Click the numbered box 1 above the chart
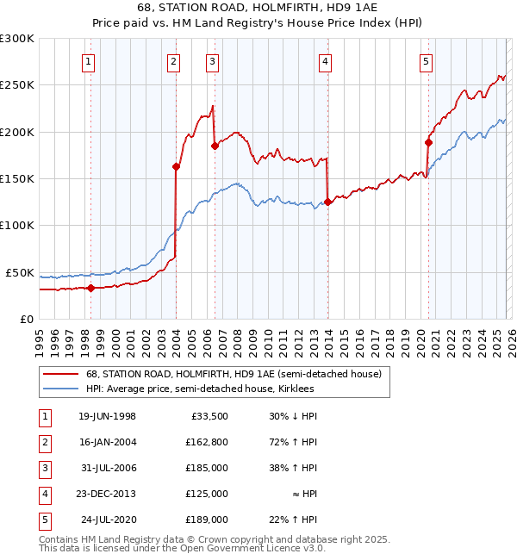(x=90, y=60)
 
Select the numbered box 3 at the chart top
(x=212, y=60)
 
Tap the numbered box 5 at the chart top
(x=427, y=60)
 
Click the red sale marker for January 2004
(x=176, y=166)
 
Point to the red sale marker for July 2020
(x=428, y=142)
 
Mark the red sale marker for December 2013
(x=327, y=202)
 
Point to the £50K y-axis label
(x=20, y=272)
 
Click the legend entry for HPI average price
(x=200, y=389)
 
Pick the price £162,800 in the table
(x=205, y=442)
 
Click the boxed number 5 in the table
(x=44, y=520)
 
